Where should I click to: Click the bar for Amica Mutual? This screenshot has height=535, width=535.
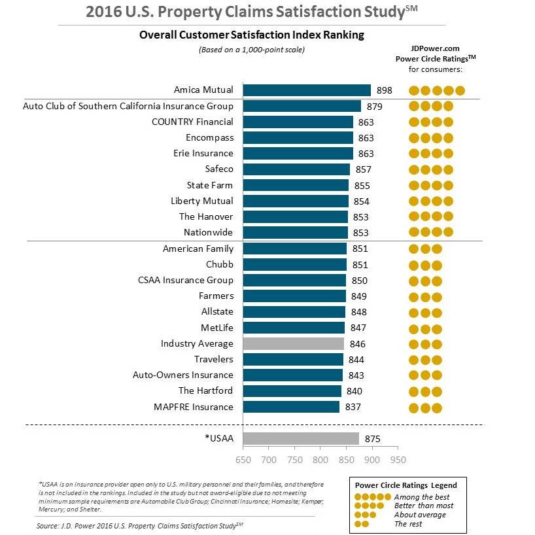click(307, 90)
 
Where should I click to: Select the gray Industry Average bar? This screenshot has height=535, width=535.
click(293, 343)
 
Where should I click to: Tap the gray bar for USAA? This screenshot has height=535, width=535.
click(301, 438)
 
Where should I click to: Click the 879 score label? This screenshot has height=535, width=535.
click(375, 106)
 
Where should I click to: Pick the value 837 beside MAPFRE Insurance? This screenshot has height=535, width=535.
click(353, 407)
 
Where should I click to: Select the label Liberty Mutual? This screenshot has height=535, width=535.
click(201, 201)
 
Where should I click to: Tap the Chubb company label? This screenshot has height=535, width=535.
click(219, 264)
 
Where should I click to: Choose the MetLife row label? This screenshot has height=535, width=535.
click(217, 327)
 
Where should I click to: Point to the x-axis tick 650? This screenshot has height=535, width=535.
click(243, 460)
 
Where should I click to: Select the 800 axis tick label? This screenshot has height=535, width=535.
click(320, 460)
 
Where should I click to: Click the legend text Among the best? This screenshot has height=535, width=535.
click(422, 497)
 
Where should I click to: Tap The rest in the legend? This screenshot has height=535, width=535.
click(409, 524)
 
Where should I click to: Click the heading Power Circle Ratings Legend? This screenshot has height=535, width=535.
click(406, 485)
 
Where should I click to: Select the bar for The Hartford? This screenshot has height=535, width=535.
click(292, 391)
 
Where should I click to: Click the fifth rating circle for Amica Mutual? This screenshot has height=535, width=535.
click(460, 90)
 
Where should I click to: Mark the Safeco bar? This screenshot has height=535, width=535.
click(296, 169)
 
